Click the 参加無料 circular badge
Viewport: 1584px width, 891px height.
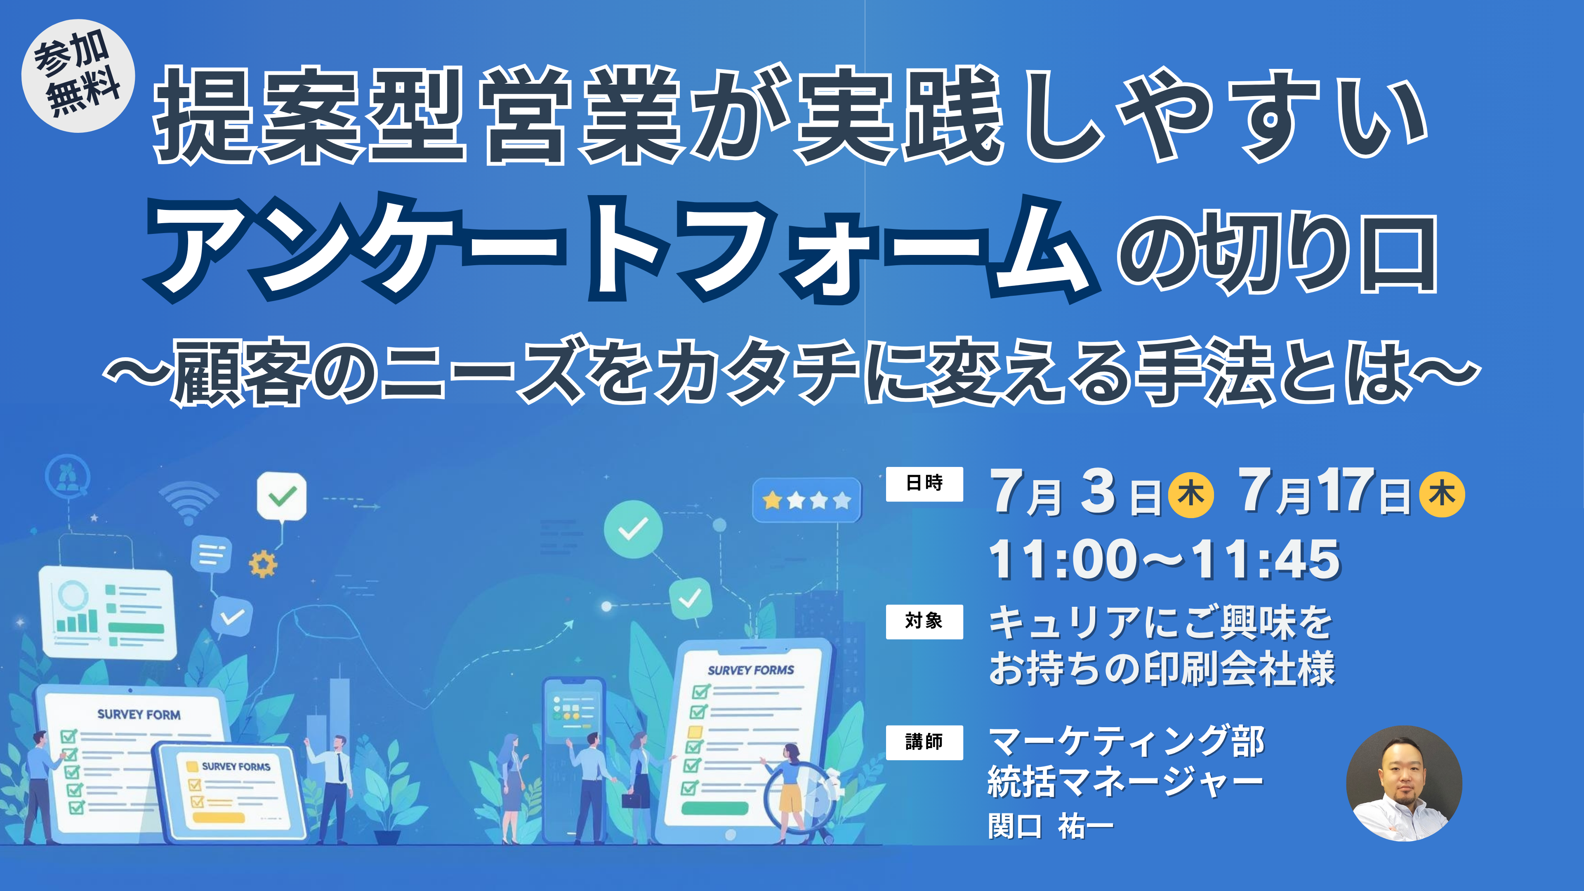tap(78, 75)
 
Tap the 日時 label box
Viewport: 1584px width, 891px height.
tap(924, 484)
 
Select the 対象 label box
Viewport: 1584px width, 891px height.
tap(924, 622)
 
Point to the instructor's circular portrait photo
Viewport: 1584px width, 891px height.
tap(1404, 783)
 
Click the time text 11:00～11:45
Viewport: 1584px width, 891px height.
tap(1164, 560)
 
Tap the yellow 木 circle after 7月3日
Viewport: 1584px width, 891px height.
tap(1191, 495)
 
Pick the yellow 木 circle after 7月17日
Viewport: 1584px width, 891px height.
tap(1442, 495)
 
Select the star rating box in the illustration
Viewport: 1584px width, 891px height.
tap(807, 500)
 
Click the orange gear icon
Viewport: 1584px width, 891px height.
tap(263, 564)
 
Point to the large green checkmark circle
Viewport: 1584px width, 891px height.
tap(633, 529)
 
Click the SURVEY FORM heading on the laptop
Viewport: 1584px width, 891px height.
tap(139, 714)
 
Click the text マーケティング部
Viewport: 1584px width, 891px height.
tap(1126, 742)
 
